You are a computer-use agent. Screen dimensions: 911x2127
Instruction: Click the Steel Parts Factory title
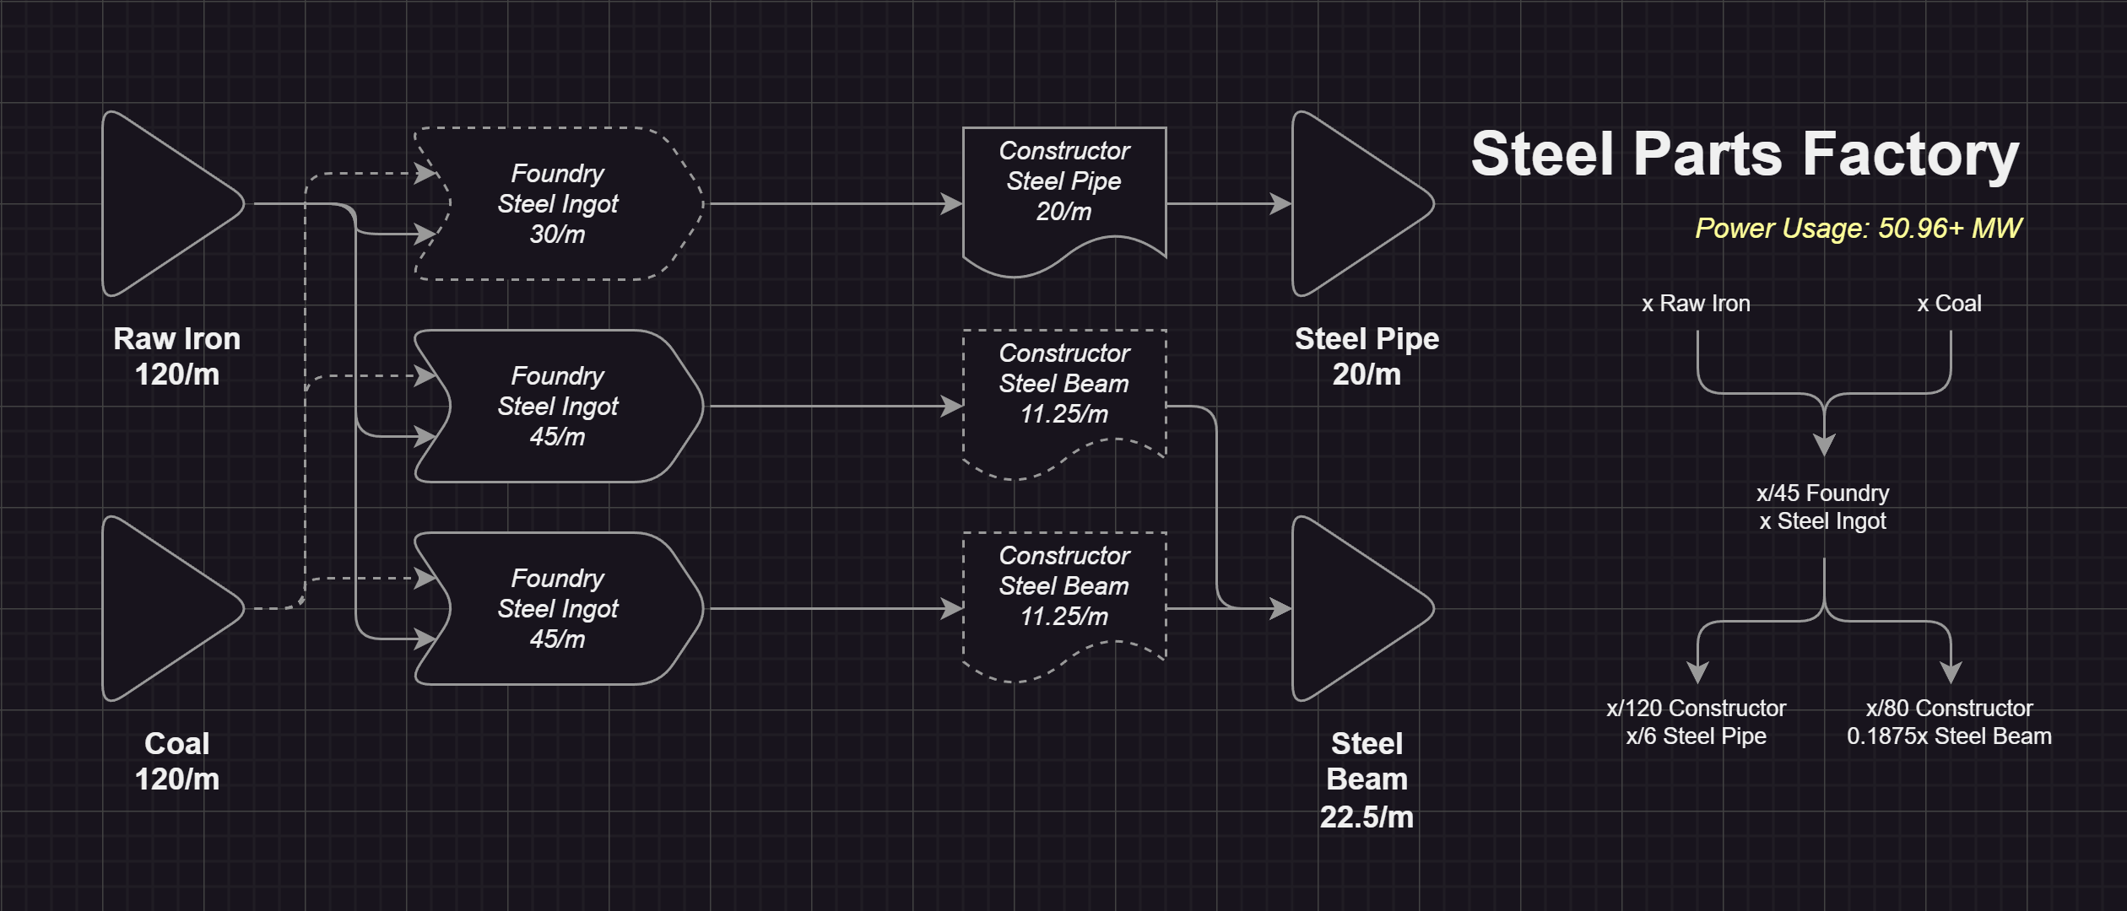tap(1745, 154)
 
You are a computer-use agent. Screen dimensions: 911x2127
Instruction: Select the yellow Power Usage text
tap(1858, 229)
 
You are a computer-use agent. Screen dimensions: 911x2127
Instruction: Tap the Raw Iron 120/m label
tap(177, 356)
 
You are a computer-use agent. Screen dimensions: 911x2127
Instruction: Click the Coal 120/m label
tap(177, 761)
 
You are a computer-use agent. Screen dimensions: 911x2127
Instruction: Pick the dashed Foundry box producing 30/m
tap(557, 204)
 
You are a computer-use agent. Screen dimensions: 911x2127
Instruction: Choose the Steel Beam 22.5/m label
tap(1367, 779)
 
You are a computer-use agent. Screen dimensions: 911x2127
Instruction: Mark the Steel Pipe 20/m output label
tap(1367, 356)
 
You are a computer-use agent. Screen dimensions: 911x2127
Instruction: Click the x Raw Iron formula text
tap(1696, 304)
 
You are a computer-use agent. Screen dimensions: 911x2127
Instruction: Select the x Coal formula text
tap(1949, 304)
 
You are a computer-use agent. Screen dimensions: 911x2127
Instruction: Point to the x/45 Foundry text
tap(1822, 493)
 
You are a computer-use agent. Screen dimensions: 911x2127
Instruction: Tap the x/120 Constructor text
tap(1696, 709)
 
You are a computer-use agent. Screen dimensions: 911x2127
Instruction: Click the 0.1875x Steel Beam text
tap(1949, 736)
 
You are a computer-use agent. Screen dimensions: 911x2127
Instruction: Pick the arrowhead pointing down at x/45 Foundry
tap(1824, 445)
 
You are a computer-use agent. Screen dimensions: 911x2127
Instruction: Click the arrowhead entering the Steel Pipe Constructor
tap(952, 204)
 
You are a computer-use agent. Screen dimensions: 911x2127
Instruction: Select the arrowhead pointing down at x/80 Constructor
tap(1951, 672)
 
